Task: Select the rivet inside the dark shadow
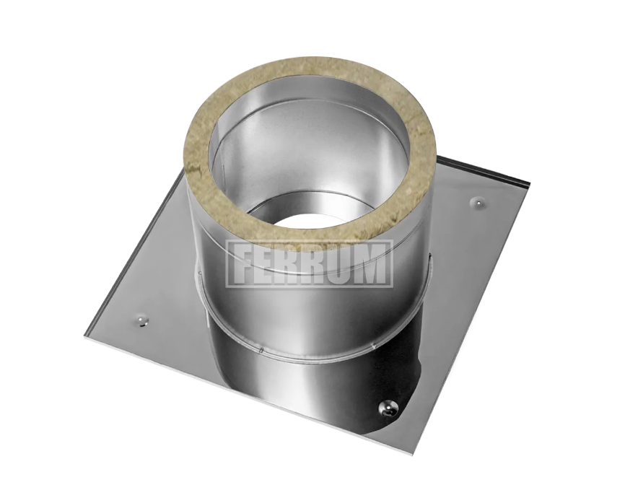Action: pyautogui.click(x=386, y=406)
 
